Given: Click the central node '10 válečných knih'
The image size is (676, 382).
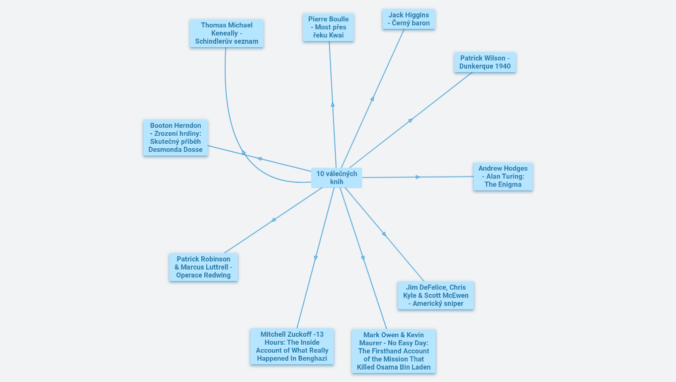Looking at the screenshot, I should pyautogui.click(x=337, y=178).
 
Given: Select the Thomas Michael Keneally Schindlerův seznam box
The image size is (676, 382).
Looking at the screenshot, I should pyautogui.click(x=227, y=33).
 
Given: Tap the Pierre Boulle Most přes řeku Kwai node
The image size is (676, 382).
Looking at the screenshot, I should pyautogui.click(x=328, y=27).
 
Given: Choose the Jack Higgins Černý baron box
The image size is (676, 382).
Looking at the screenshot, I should pyautogui.click(x=409, y=19).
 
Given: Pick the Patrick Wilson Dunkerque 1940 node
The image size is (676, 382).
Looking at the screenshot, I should pyautogui.click(x=485, y=62).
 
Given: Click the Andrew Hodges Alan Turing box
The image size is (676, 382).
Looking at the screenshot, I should pyautogui.click(x=503, y=177).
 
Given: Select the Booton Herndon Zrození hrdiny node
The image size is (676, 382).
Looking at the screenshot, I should pyautogui.click(x=175, y=138).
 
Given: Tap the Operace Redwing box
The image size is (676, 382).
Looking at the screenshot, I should pyautogui.click(x=203, y=267).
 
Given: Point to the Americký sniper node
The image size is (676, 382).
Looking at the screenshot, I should pyautogui.click(x=435, y=295).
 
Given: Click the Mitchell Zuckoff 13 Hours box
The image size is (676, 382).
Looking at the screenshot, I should pyautogui.click(x=292, y=346).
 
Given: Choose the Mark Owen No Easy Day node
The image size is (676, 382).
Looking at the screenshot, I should pyautogui.click(x=393, y=351).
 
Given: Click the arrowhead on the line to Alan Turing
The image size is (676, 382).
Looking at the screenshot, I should pyautogui.click(x=418, y=177).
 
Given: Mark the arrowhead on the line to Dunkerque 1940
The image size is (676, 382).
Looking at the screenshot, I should pyautogui.click(x=410, y=120).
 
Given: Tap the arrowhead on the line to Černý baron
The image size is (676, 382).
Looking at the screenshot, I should pyautogui.click(x=372, y=99).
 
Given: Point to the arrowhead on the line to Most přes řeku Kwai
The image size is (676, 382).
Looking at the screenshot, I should pyautogui.click(x=333, y=104).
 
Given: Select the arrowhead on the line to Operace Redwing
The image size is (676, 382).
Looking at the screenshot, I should pyautogui.click(x=273, y=220).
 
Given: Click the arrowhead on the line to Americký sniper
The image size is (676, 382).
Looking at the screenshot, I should pyautogui.click(x=384, y=233).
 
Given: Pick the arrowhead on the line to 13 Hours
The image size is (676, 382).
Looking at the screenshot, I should pyautogui.click(x=316, y=258).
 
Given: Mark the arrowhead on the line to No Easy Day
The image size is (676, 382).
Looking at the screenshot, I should pyautogui.click(x=363, y=258).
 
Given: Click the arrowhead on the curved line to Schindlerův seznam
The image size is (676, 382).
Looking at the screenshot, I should pyautogui.click(x=244, y=153).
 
